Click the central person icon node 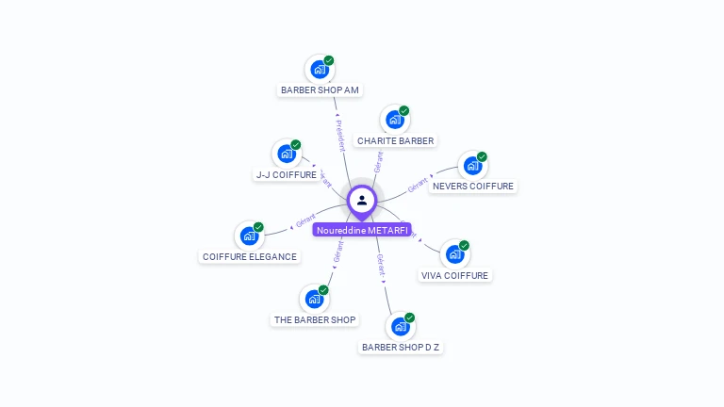[362, 200]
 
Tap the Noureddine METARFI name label [362, 230]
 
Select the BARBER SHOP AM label [320, 90]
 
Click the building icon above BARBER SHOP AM [320, 69]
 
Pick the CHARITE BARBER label [396, 141]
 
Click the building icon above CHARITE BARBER [395, 120]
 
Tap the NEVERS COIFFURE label [473, 187]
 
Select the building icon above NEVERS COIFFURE [472, 166]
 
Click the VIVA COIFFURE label [455, 276]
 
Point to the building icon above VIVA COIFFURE [454, 254]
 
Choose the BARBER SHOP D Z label [401, 347]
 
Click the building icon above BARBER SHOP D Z [401, 326]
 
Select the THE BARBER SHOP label [315, 320]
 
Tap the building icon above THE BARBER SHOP [314, 299]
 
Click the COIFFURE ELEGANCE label [250, 257]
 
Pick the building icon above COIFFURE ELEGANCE [249, 236]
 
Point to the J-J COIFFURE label [287, 175]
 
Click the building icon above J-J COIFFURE [287, 154]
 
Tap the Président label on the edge [339, 135]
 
